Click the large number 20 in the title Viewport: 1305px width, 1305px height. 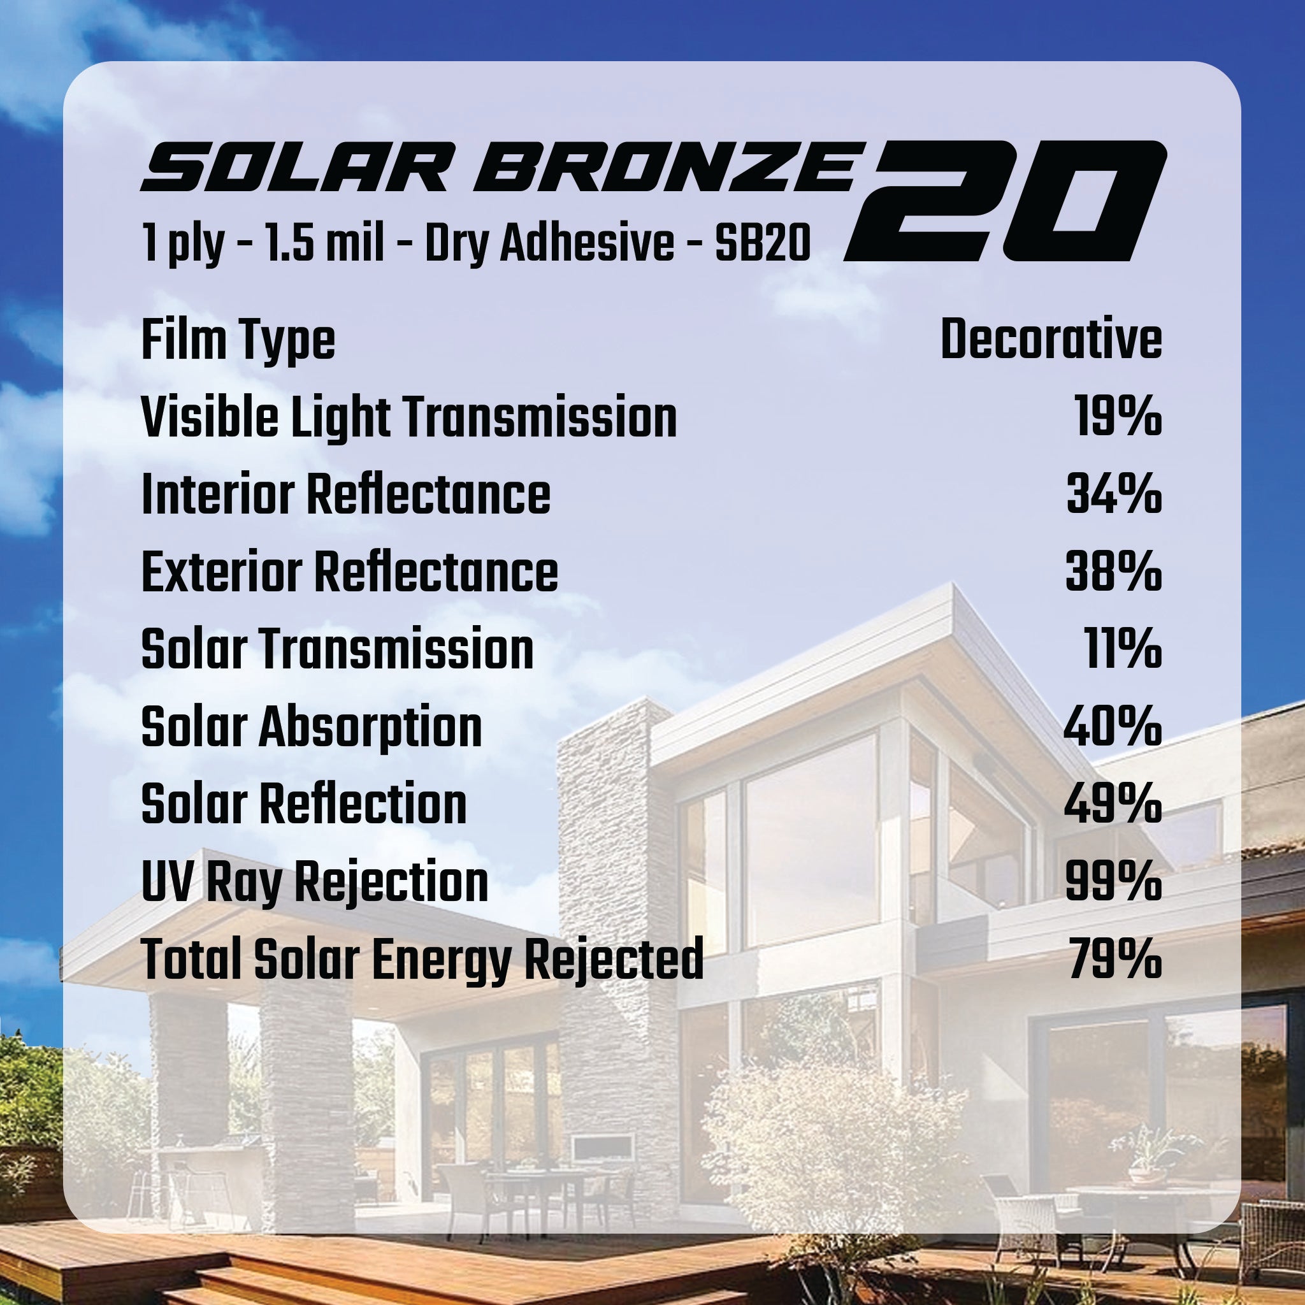1005,201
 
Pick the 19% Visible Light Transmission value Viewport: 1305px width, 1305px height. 1118,417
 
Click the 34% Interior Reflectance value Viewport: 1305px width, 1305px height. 1114,494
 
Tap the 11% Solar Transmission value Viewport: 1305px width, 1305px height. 1123,649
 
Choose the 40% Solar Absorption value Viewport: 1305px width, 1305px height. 1113,727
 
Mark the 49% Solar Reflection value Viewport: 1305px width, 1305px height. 1113,805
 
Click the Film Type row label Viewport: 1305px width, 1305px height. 238,340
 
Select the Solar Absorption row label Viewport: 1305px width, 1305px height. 312,728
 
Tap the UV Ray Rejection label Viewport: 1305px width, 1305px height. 315,883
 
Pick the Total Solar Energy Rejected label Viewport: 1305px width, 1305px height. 422,960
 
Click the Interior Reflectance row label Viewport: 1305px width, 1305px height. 346,494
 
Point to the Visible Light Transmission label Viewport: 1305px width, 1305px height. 408,417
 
